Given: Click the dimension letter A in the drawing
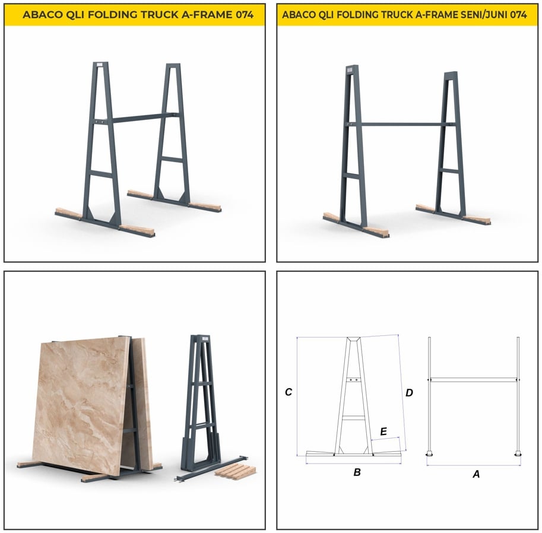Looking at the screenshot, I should (x=476, y=474).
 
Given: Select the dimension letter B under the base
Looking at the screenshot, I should (x=357, y=472).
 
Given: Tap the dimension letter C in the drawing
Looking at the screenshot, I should (x=289, y=392).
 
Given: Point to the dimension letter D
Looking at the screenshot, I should (x=409, y=393).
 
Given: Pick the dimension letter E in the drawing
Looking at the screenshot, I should (x=383, y=432).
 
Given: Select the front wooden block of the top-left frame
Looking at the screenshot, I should (x=136, y=230).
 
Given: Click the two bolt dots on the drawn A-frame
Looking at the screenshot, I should (x=354, y=380).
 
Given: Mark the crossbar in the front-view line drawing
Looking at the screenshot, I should (x=474, y=379).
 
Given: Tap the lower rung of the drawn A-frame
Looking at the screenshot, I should (x=354, y=418).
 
